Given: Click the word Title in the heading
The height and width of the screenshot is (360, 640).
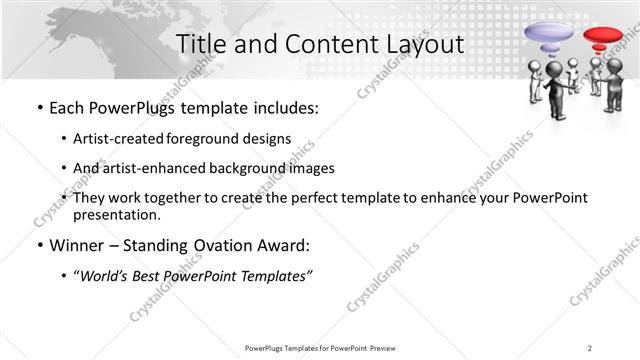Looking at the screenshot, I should tap(199, 44).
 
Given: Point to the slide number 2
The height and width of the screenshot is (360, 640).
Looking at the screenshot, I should tap(590, 347).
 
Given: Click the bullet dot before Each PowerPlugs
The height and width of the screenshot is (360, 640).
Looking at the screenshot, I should tap(38, 107).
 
